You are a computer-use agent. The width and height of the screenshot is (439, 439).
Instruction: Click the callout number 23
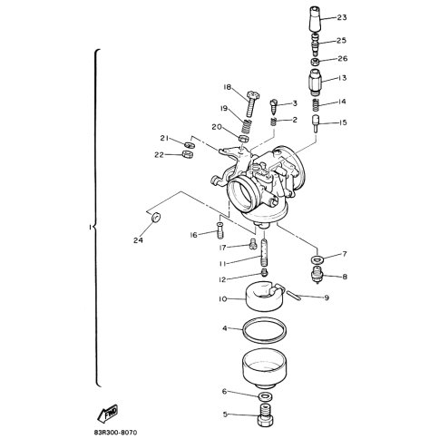pyautogui.click(x=342, y=17)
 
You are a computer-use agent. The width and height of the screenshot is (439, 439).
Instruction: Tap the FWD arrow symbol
pyautogui.click(x=107, y=413)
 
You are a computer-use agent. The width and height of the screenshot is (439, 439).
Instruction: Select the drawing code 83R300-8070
pyautogui.click(x=113, y=433)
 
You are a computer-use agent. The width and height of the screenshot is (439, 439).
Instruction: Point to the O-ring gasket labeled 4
pyautogui.click(x=265, y=330)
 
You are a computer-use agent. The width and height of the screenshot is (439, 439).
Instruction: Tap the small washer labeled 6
pyautogui.click(x=265, y=395)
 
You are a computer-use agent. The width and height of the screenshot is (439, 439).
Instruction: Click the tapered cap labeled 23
pyautogui.click(x=316, y=19)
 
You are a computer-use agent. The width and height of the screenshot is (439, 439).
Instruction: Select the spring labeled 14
pyautogui.click(x=316, y=105)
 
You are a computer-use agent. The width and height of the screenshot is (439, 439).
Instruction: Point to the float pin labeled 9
pyautogui.click(x=294, y=295)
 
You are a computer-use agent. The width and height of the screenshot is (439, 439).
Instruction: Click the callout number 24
pyautogui.click(x=138, y=240)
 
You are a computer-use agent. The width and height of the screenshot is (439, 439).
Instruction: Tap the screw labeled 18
pyautogui.click(x=251, y=103)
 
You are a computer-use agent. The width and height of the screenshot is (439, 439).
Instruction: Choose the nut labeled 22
pyautogui.click(x=188, y=154)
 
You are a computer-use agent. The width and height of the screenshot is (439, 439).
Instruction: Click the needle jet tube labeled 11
pyautogui.click(x=264, y=252)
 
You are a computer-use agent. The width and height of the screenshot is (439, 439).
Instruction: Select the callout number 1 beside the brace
pyautogui.click(x=90, y=227)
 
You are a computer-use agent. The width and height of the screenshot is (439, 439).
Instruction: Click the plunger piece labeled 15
pyautogui.click(x=316, y=123)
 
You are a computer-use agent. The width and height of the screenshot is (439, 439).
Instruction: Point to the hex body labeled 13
pyautogui.click(x=316, y=83)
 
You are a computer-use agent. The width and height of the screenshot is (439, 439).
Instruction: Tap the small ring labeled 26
pyautogui.click(x=316, y=62)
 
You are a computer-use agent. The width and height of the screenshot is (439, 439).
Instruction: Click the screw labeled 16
pyautogui.click(x=219, y=230)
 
